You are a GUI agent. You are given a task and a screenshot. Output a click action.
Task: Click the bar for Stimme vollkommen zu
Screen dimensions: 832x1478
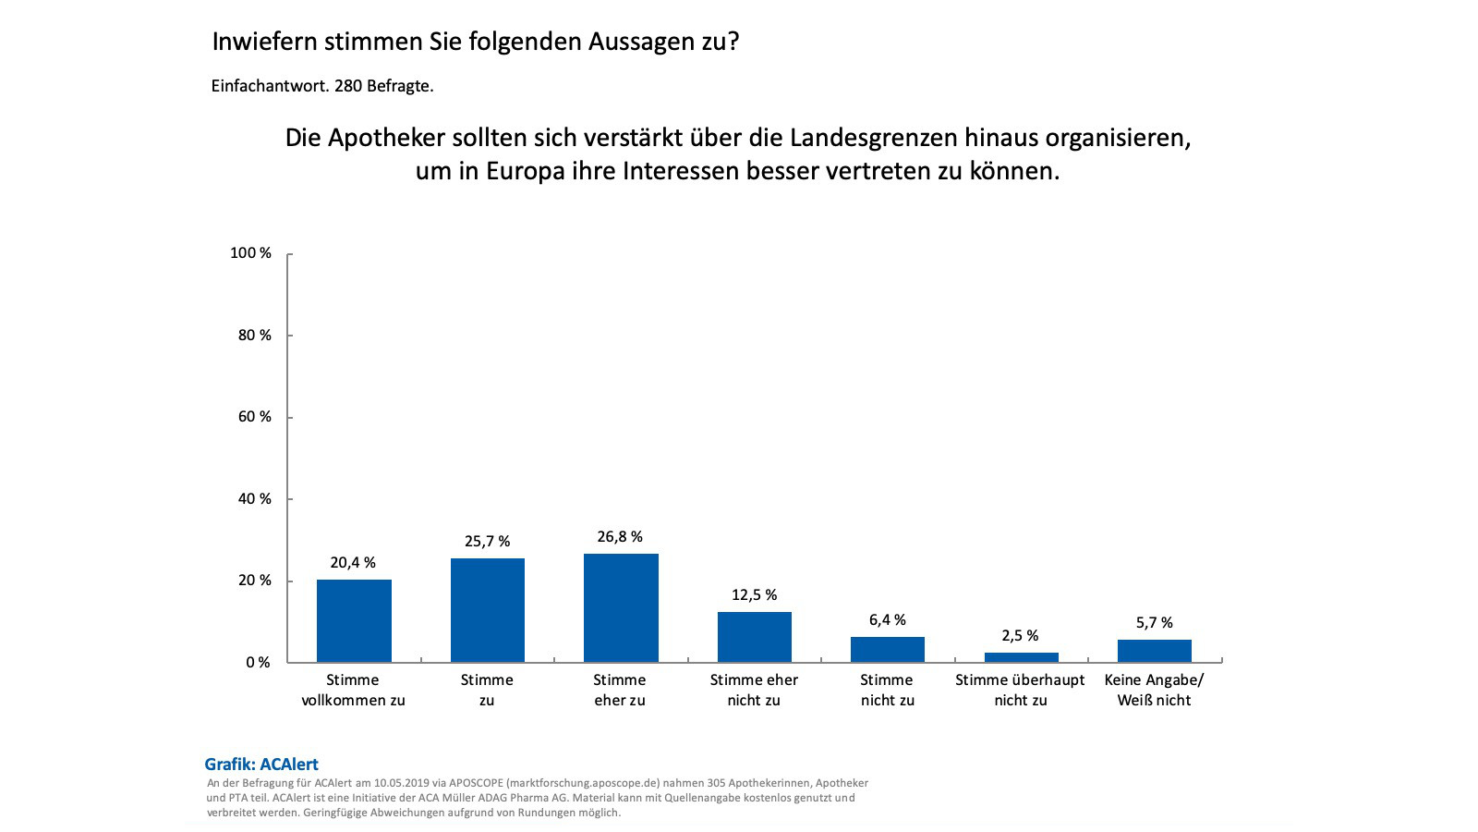coord(354,620)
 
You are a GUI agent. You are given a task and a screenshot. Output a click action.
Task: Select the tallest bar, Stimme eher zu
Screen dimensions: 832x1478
coord(621,607)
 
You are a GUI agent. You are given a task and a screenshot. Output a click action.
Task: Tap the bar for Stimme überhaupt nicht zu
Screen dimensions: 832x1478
coord(1021,657)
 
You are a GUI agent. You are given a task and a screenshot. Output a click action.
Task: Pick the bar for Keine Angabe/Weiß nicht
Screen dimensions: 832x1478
coord(1154,651)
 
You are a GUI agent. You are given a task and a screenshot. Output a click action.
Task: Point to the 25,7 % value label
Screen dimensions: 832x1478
coord(487,542)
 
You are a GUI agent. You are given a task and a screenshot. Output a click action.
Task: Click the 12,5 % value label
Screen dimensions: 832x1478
coord(754,595)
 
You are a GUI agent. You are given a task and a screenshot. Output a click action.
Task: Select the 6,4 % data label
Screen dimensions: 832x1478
coord(887,620)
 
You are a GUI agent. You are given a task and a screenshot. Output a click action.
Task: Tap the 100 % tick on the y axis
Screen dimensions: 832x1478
coord(250,253)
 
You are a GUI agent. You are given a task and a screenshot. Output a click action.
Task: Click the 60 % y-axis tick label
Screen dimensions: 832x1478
coord(254,417)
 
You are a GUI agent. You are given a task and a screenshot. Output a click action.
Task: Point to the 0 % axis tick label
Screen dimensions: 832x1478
coord(258,663)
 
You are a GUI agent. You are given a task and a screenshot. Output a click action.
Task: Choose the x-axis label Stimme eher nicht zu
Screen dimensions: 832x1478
coord(754,690)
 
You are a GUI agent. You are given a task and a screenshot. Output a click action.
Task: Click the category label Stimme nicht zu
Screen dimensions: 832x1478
coord(887,690)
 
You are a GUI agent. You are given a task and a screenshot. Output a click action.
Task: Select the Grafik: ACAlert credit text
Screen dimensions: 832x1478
coord(261,765)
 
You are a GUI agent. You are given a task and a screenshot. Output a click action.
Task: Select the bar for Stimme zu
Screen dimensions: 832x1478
coord(487,610)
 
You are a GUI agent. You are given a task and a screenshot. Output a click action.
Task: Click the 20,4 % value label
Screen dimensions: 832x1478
coord(353,563)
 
